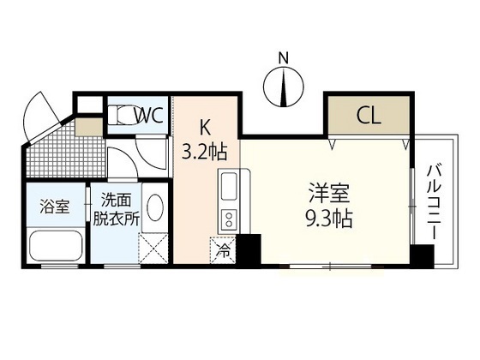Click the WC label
pos(149,116)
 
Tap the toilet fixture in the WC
pos(123,115)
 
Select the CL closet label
pos(369,116)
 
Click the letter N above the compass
pos(284,58)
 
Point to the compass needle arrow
pos(285,87)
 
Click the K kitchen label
pos(205,128)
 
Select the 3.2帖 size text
pos(205,153)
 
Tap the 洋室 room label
pos(329,193)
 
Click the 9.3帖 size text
pos(329,218)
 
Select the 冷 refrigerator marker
pos(223,250)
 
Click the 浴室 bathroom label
pos(55,207)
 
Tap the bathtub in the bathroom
pos(56,245)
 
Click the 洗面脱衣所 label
pos(117,210)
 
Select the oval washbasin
pos(155,207)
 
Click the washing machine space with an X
pos(153,249)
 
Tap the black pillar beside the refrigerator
pos(249,250)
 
